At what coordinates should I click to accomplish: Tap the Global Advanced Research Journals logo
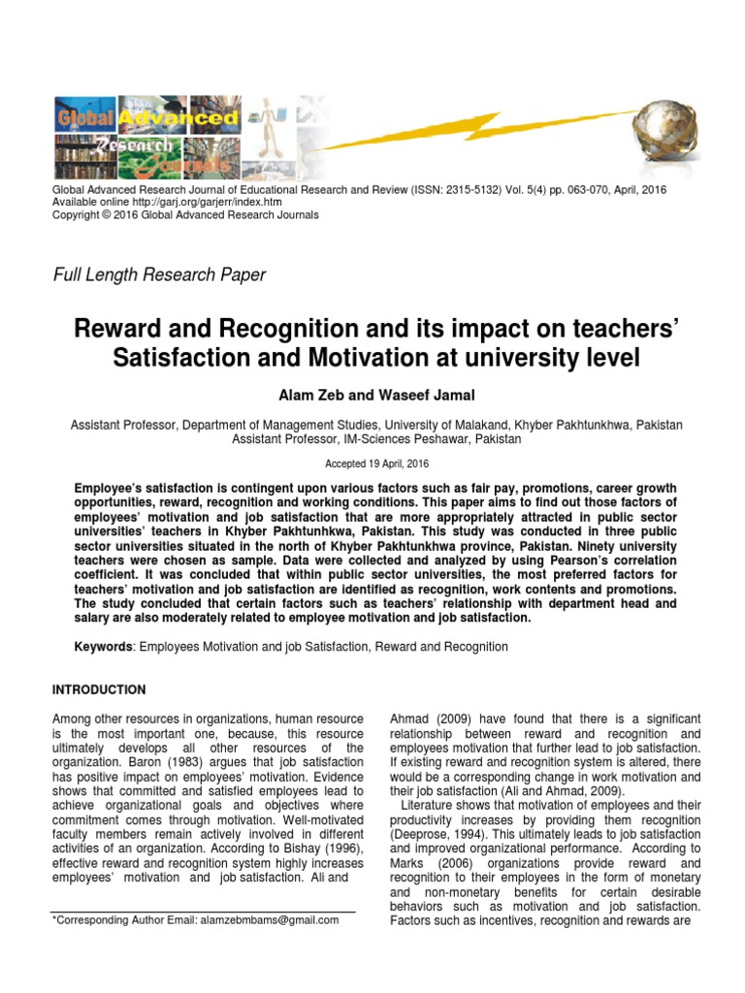(x=146, y=132)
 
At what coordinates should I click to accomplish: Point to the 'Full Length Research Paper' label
(x=158, y=275)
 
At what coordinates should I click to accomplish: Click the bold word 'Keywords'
(x=106, y=646)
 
